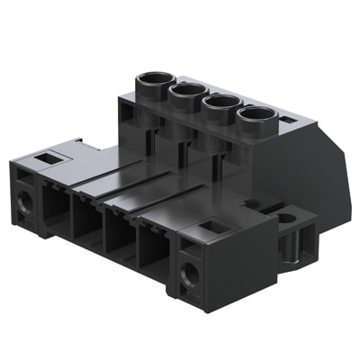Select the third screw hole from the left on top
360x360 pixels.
click(220, 102)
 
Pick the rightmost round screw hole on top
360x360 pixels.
click(256, 114)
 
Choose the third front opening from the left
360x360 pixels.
click(120, 236)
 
